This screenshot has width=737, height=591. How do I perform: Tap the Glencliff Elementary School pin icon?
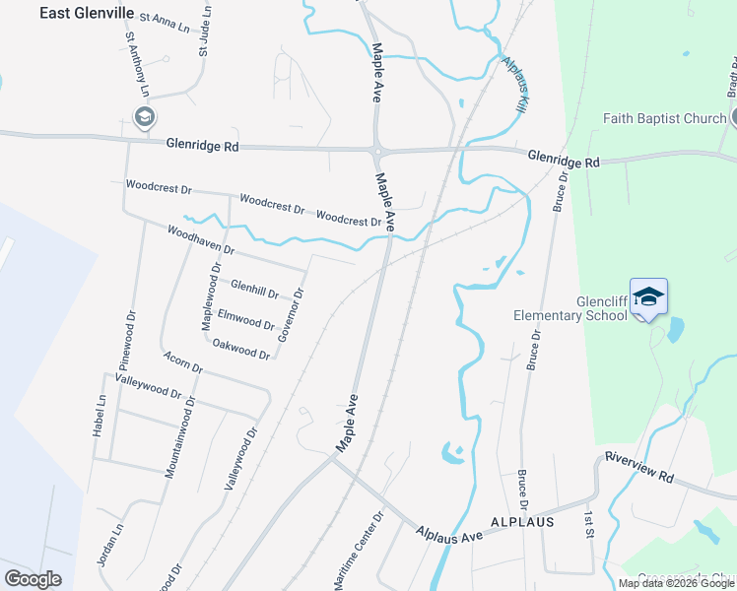point(649,296)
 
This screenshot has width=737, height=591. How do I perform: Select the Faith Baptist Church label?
point(664,119)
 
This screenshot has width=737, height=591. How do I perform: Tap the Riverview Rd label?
point(638,469)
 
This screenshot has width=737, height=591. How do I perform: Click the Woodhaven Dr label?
point(201,241)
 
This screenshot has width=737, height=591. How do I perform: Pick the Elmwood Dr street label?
point(245,320)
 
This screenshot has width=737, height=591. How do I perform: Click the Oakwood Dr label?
point(240,348)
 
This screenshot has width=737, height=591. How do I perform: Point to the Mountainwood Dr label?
point(169,436)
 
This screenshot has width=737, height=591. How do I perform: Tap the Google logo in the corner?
point(33,579)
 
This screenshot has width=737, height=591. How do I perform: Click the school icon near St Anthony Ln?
point(144,119)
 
